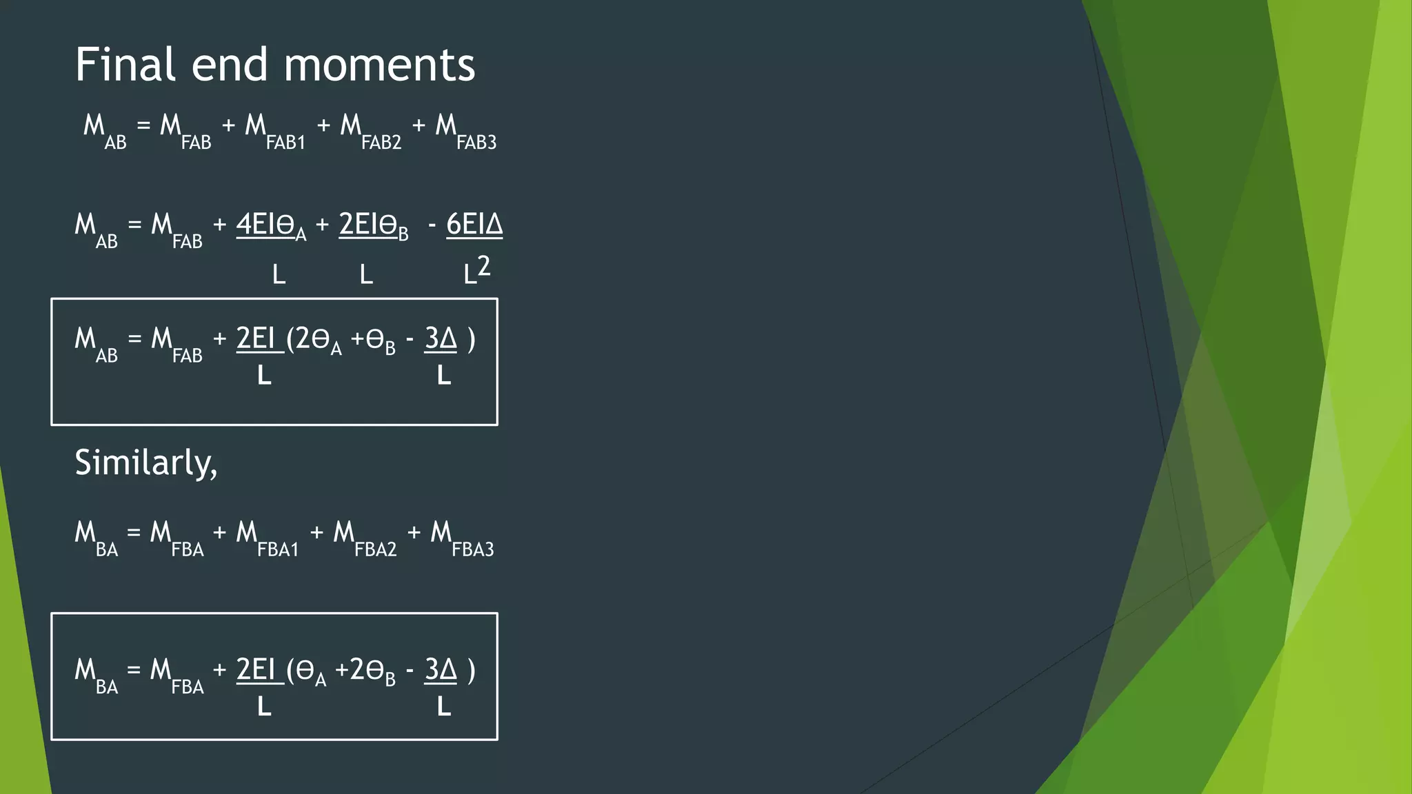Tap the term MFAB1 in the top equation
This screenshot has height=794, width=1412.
click(x=274, y=131)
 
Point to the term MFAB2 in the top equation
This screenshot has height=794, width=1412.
click(x=370, y=131)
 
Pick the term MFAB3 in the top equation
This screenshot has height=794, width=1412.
click(x=465, y=131)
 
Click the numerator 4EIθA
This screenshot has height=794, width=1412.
click(x=271, y=226)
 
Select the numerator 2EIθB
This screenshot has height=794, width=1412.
click(x=373, y=226)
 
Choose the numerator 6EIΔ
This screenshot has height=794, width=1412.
click(x=474, y=225)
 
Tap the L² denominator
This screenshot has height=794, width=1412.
click(x=476, y=270)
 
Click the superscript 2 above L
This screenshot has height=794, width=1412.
click(x=484, y=265)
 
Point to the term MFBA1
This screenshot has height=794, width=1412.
click(x=267, y=538)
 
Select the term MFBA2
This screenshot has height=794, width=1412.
click(x=365, y=538)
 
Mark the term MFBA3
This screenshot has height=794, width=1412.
click(x=462, y=538)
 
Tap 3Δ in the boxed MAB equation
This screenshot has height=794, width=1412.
click(x=441, y=339)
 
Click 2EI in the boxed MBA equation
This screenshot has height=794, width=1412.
click(x=256, y=670)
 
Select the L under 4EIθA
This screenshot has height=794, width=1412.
click(x=279, y=275)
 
